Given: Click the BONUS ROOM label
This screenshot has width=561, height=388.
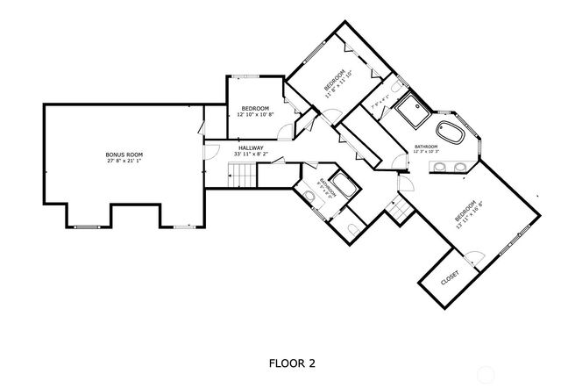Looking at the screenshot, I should click(x=124, y=154).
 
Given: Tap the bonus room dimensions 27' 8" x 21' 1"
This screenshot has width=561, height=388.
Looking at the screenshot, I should click(x=124, y=162).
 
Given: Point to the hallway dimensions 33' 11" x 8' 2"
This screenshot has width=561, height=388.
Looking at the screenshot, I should click(x=251, y=154).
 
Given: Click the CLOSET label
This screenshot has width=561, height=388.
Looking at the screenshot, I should click(x=450, y=277).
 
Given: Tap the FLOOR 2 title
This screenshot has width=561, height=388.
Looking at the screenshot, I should click(x=291, y=362).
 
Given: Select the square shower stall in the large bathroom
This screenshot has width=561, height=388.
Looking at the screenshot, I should click(x=409, y=112).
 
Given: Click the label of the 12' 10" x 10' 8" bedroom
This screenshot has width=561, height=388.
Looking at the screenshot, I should click(x=255, y=108).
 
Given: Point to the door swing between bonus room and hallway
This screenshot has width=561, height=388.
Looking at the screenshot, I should click(x=209, y=151).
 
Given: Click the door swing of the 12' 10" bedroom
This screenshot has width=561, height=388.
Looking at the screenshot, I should click(x=284, y=132).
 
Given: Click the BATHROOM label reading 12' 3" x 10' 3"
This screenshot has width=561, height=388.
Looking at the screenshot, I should click(x=426, y=147).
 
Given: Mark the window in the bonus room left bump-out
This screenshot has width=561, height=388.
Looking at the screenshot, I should click(x=85, y=226).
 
